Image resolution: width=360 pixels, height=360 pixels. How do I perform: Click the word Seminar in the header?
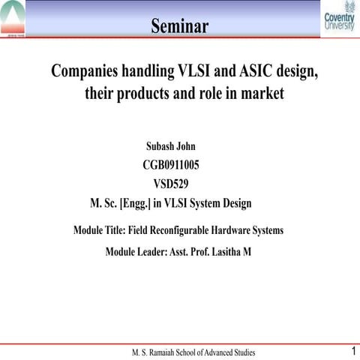click(x=179, y=27)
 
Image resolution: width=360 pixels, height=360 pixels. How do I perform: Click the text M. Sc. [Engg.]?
click(x=121, y=202)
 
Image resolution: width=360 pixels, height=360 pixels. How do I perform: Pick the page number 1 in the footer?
click(x=351, y=350)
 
